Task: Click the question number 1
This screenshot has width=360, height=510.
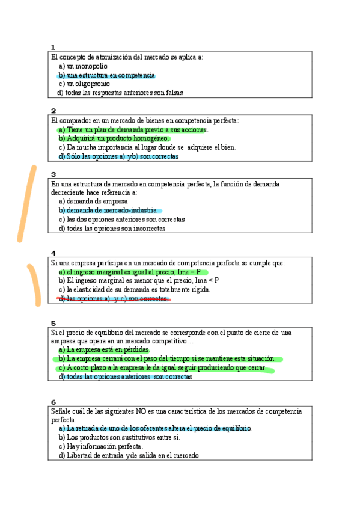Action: click(x=53, y=48)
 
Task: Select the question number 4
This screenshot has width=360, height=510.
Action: click(x=53, y=253)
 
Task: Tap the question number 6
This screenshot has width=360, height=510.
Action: click(x=53, y=402)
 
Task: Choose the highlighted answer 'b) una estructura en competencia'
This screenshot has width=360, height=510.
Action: click(x=106, y=75)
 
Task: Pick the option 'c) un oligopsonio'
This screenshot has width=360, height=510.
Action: click(x=84, y=84)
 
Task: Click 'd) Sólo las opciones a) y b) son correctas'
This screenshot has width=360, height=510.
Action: click(x=118, y=156)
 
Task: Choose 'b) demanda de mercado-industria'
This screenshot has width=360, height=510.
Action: click(x=107, y=210)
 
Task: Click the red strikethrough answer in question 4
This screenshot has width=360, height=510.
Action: click(x=114, y=298)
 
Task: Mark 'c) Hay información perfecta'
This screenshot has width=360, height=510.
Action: click(x=100, y=446)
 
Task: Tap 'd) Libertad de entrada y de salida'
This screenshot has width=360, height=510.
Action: click(x=128, y=455)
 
